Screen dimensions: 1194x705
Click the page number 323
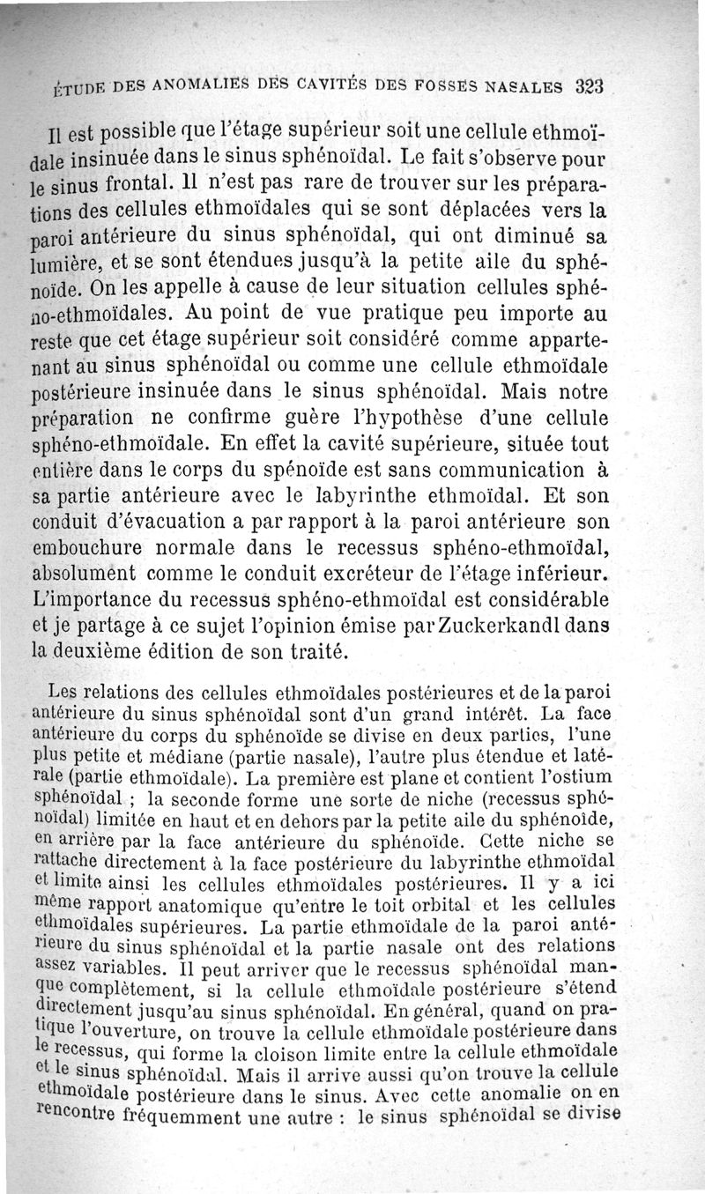coord(589,87)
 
